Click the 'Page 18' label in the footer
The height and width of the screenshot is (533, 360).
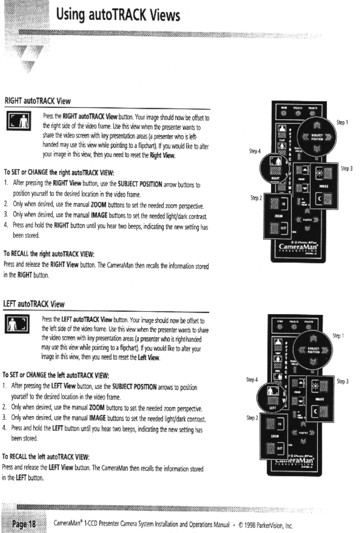(24, 524)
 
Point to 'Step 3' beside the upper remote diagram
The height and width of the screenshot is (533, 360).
(346, 168)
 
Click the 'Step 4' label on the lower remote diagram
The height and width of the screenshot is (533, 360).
(252, 379)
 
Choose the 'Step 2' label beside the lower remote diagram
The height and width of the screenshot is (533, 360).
(252, 418)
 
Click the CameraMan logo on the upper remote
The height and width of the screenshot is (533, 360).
(299, 247)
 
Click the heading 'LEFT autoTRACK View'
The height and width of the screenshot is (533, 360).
(34, 304)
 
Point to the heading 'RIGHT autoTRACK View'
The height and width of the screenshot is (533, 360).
(37, 101)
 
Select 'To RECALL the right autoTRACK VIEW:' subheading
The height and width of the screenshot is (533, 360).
(49, 254)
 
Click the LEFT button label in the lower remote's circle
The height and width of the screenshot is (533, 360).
(273, 408)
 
